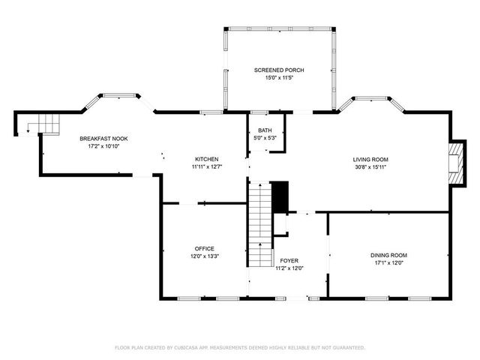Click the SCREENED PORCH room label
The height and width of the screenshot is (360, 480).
278,70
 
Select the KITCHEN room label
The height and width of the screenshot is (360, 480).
206,159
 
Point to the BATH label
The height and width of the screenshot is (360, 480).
265,130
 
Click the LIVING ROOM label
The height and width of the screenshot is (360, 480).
370,159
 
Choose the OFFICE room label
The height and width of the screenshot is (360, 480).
205,248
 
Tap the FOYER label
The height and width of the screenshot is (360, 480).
289,260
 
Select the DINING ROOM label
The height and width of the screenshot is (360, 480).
388,255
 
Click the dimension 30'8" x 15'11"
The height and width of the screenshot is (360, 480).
370,167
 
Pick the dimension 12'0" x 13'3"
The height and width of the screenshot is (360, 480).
205,256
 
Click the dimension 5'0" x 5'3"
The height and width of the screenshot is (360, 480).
265,138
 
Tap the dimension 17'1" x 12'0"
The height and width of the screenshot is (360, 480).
388,263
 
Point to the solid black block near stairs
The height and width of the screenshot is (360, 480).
280,196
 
